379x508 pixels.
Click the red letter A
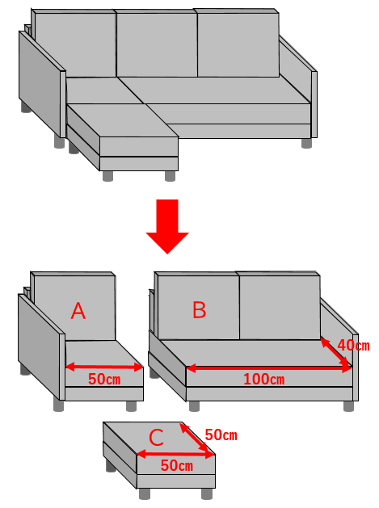(x=78, y=311)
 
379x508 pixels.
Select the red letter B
(x=200, y=309)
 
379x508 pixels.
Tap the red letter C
(x=156, y=438)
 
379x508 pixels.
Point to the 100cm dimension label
(x=264, y=379)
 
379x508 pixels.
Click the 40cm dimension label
(x=353, y=346)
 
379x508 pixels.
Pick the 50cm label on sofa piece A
(x=104, y=379)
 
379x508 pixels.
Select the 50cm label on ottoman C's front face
(x=177, y=465)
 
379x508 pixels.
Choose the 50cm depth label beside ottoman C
(x=221, y=435)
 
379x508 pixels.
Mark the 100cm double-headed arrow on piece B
(x=269, y=368)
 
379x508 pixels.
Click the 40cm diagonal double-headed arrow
(x=336, y=352)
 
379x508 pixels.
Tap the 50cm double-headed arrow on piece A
(x=104, y=367)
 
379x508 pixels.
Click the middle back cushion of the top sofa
(x=157, y=44)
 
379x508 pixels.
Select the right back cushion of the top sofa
(x=238, y=43)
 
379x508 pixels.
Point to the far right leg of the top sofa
(x=306, y=143)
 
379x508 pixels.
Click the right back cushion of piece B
(x=280, y=306)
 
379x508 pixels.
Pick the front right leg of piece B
(x=348, y=406)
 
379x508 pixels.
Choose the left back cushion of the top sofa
(x=75, y=44)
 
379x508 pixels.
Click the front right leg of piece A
(x=131, y=406)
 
